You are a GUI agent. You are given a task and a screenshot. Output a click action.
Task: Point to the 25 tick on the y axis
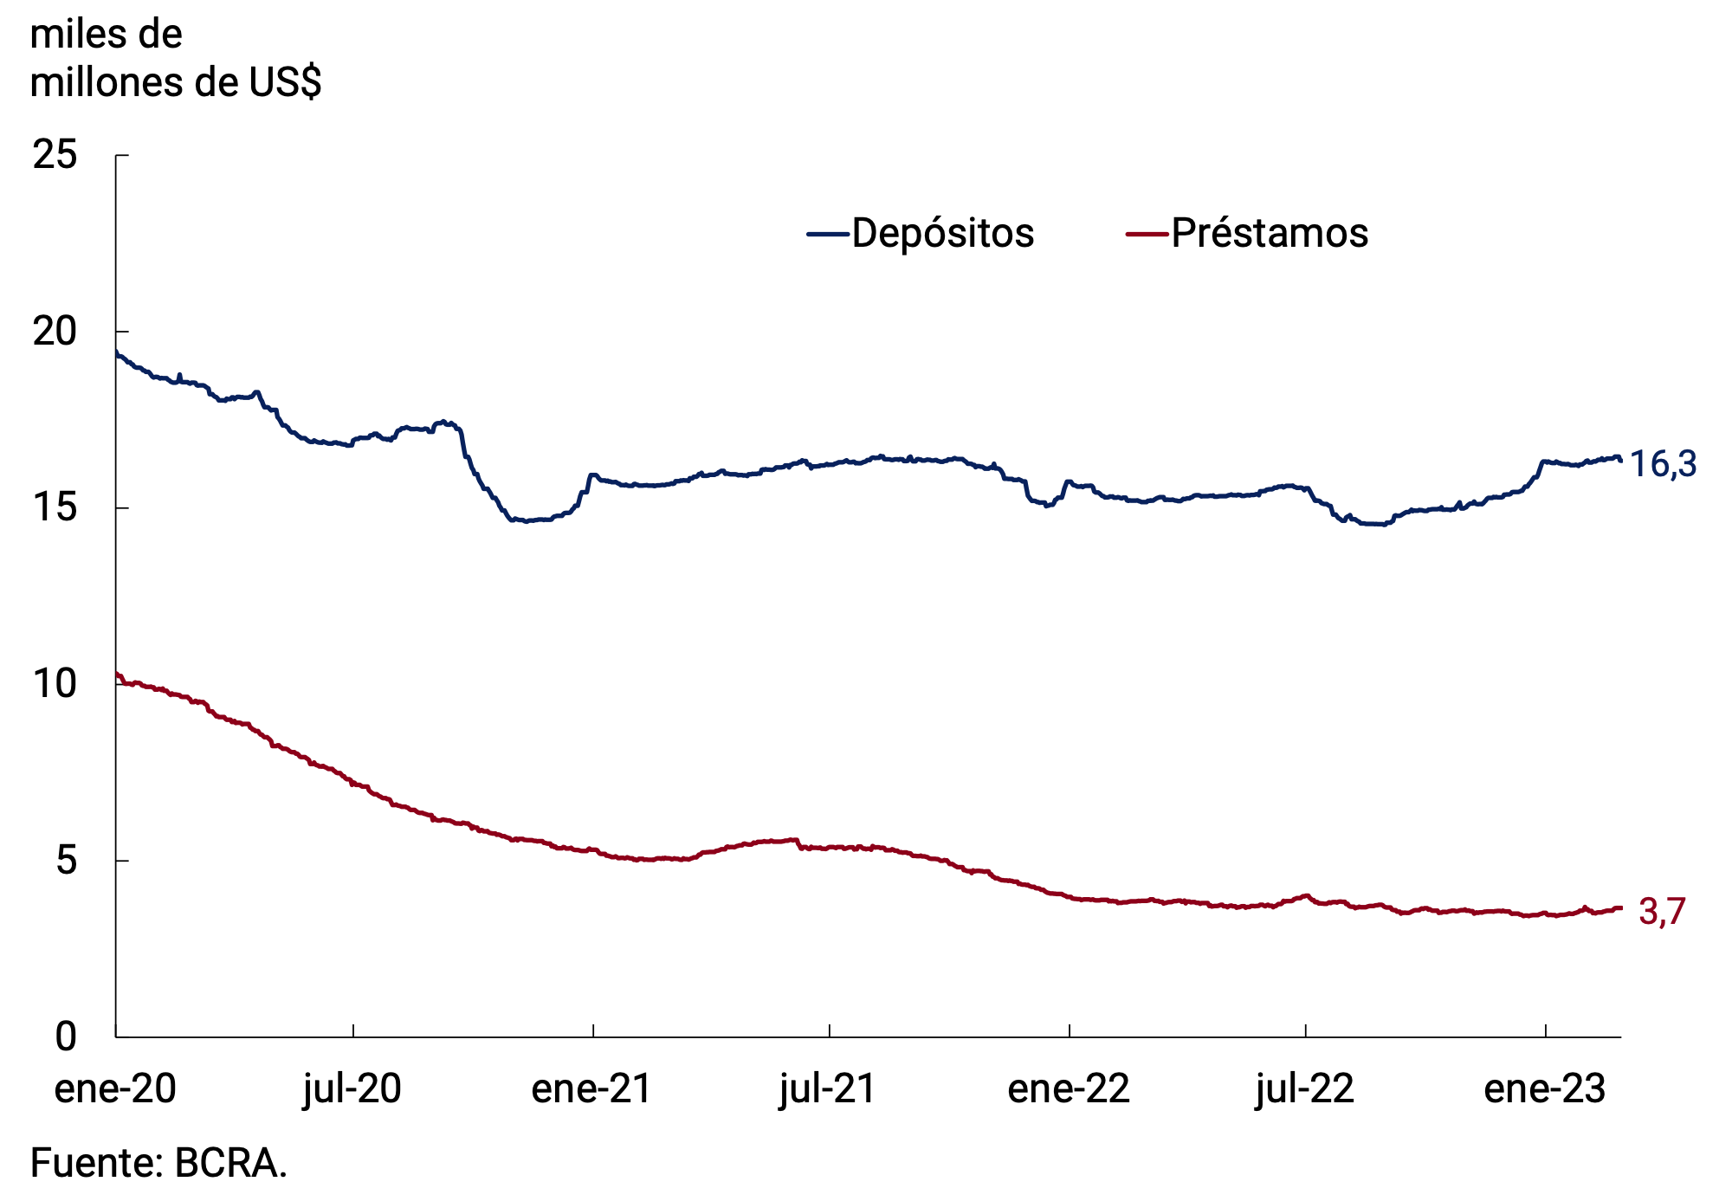55,156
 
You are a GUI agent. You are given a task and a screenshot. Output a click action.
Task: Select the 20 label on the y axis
55,332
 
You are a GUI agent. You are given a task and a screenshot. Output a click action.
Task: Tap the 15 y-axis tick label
55,508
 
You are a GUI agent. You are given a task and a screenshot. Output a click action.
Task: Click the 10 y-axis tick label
55,684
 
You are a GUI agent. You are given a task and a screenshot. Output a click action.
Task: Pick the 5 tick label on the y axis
66,861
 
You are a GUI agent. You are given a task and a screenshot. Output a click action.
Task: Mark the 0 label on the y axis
66,1036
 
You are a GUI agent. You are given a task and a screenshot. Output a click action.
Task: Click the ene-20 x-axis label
115,1088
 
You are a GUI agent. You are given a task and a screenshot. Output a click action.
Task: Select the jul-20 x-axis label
352,1088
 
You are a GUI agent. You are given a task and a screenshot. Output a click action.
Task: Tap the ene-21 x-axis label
591,1088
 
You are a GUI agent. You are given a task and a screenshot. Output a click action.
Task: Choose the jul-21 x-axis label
829,1088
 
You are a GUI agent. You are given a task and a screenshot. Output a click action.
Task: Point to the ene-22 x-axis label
1069,1088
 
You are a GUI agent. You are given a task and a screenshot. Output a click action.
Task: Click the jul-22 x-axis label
1305,1088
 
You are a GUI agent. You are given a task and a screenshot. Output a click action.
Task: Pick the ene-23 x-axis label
1545,1088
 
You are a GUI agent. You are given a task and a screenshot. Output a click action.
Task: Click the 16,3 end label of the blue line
1663,465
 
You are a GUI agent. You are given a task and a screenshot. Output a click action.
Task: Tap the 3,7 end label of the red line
1662,912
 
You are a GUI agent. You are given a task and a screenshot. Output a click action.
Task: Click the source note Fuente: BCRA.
158,1163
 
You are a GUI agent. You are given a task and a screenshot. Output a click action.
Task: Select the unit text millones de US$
176,83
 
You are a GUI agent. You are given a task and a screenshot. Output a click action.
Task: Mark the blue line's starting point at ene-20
117,352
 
